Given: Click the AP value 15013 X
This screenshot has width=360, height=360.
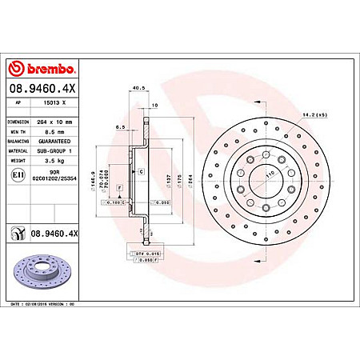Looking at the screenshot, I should click(51, 103).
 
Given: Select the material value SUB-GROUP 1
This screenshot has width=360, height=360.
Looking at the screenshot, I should click(54, 150).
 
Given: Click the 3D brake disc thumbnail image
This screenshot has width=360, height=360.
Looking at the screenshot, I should click(42, 275).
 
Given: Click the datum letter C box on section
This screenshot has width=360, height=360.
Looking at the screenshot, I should click(141, 173).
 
